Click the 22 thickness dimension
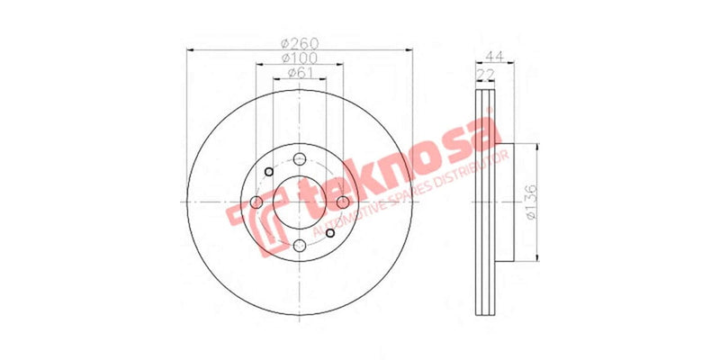[x=486, y=73]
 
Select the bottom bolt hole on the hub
[x=300, y=245]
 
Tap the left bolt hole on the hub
[x=256, y=202]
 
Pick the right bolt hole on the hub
[x=344, y=202]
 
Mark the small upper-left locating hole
[x=268, y=171]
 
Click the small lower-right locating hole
[x=330, y=232]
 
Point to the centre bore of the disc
[x=300, y=202]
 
